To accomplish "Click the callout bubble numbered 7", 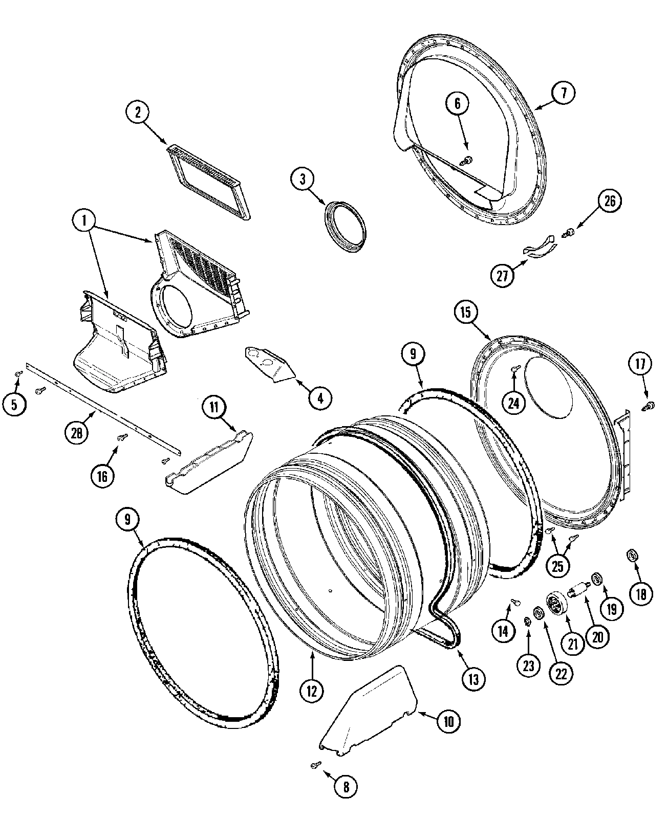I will point(563,93).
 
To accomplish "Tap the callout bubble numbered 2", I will point(138,113).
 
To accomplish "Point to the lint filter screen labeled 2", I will point(209,182).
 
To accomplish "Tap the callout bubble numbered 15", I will point(465,312).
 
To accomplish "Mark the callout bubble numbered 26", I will point(610,201).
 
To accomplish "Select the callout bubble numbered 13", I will point(473,679).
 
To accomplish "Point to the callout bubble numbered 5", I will point(14,405).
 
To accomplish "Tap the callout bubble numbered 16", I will point(102,476).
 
